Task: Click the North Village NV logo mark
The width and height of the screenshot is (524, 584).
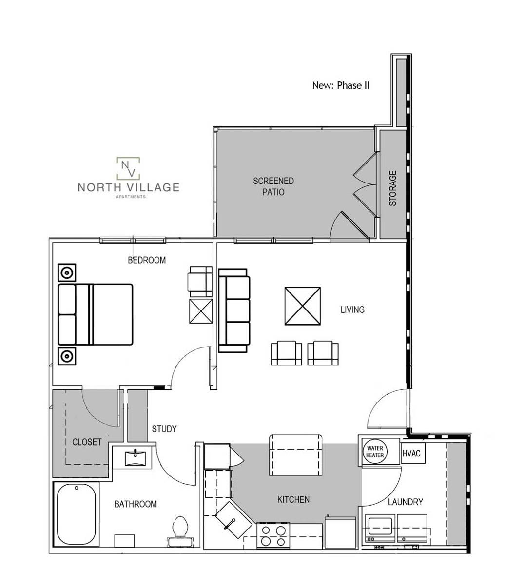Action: point(128,168)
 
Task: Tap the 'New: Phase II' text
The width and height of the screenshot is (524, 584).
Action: point(341,85)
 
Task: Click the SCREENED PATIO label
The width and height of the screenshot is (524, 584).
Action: point(273,186)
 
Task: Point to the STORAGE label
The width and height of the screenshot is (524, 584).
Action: point(393,188)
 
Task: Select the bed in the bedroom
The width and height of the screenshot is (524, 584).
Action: point(96,315)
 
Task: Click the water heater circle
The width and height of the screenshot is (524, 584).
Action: point(375,451)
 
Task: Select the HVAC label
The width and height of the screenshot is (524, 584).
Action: point(411,453)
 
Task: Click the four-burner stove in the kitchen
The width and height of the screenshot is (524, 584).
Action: point(273,535)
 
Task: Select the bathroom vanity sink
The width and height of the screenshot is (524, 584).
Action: point(134,457)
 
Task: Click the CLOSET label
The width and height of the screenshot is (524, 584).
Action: point(87,442)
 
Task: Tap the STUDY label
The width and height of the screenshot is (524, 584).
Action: point(164,429)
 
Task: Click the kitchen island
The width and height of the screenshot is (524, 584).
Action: point(296,455)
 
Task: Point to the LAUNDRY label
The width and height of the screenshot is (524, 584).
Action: point(405,502)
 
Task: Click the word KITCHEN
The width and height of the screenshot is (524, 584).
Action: point(293,499)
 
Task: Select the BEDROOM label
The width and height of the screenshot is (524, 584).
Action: point(146,260)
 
